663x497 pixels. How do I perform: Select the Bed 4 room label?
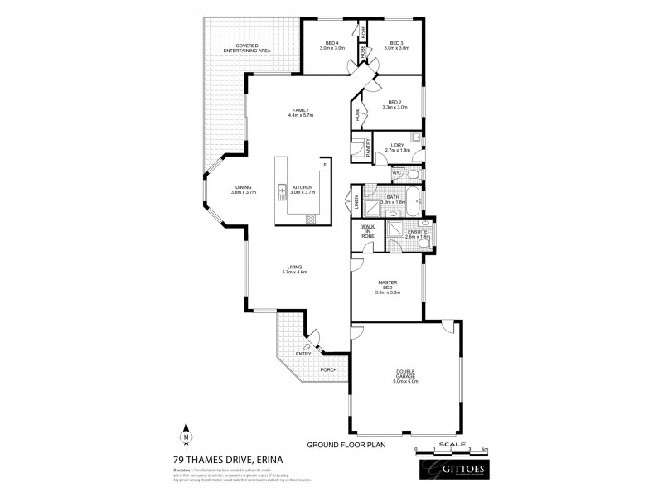click(x=331, y=45)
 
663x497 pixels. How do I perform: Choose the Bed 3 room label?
click(x=397, y=45)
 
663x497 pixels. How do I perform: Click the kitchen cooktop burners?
click(x=312, y=219)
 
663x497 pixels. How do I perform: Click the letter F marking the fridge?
click(x=326, y=164)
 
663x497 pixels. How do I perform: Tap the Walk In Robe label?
click(x=366, y=233)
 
